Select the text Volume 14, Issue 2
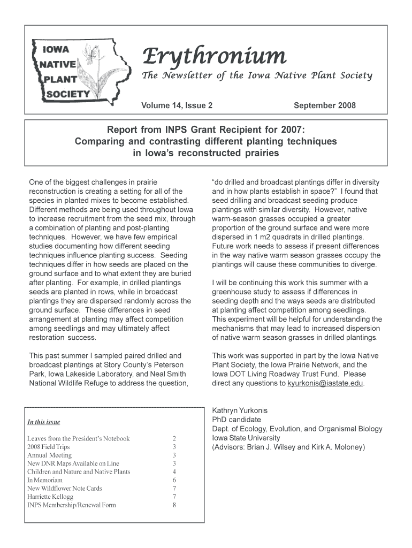tap(177, 105)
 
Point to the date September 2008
tap(324, 105)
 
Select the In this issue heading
tap(44, 422)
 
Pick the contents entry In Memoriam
tap(44, 480)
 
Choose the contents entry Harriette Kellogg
tap(50, 497)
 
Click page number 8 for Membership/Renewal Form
tap(174, 505)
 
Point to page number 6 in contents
tap(174, 480)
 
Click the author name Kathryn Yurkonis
tap(240, 410)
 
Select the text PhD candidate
tap(236, 420)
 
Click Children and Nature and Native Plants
tap(79, 471)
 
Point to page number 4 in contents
tap(174, 471)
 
